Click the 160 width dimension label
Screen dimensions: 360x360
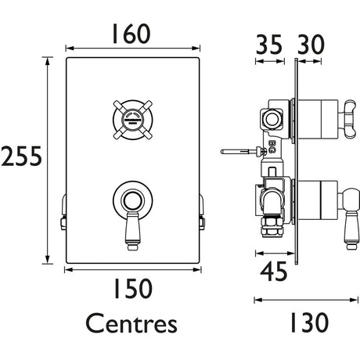point(129,34)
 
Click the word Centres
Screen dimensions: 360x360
point(130,322)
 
